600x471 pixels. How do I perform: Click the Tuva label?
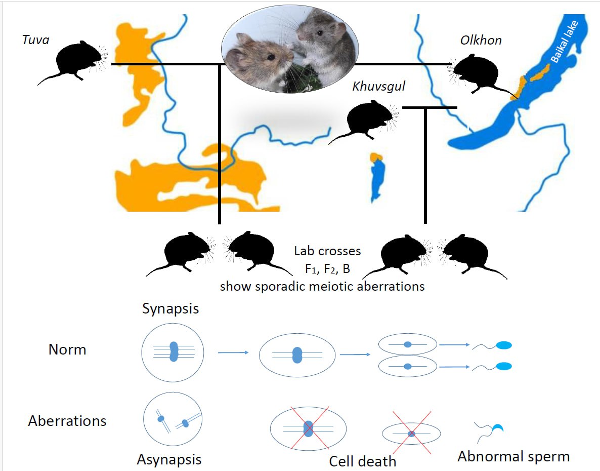(35, 40)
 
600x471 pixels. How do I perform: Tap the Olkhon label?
(481, 40)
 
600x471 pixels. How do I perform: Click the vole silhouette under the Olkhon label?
(479, 76)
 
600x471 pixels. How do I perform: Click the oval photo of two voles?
(290, 47)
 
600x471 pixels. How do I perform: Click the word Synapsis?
(170, 309)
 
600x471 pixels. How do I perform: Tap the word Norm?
(67, 349)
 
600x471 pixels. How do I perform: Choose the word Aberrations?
(67, 421)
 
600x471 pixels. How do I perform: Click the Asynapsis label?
(169, 459)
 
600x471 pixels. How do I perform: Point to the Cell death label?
(362, 461)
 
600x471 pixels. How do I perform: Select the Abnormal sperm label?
(513, 456)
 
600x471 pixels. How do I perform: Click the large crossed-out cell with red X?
(308, 429)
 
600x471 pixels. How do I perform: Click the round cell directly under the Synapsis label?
(173, 351)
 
